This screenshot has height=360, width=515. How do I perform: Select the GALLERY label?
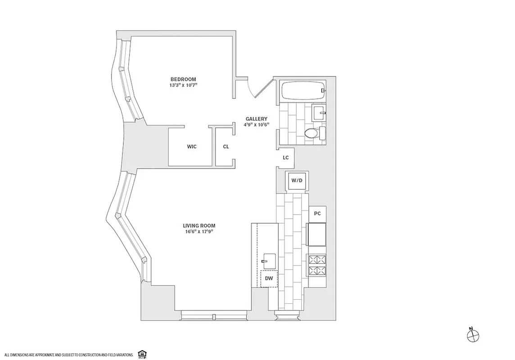[x=257, y=119]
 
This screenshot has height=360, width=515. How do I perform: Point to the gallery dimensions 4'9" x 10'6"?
[x=257, y=125]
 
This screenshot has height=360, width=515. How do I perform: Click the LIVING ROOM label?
[x=199, y=225]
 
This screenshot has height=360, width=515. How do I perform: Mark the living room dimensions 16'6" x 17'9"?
[x=199, y=232]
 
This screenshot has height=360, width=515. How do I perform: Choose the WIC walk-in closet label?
[x=192, y=147]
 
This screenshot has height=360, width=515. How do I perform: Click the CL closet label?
[x=226, y=147]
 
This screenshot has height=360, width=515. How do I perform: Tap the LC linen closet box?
[x=285, y=158]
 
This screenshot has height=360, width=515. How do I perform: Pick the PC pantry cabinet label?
[x=317, y=214]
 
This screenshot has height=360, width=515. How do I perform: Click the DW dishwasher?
[x=269, y=279]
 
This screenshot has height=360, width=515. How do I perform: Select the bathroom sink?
[x=319, y=111]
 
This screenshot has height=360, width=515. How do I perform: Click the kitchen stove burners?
[x=316, y=265]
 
